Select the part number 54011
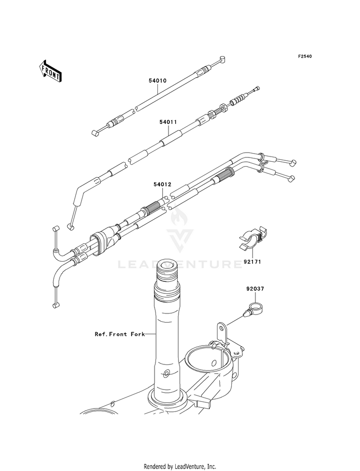pyautogui.click(x=168, y=122)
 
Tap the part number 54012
pyautogui.click(x=162, y=184)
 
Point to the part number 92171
pyautogui.click(x=252, y=262)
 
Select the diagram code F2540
pyautogui.click(x=304, y=57)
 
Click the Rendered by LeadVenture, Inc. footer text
pyautogui.click(x=180, y=466)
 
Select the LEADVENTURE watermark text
pyautogui.click(x=180, y=264)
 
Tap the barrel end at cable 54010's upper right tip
pyautogui.click(x=222, y=59)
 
